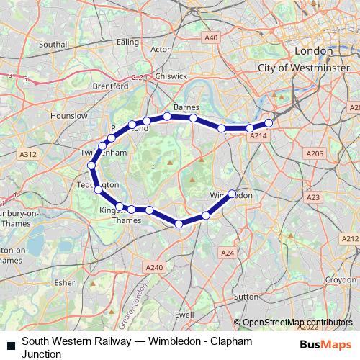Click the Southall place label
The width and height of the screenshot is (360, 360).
click(x=53, y=44)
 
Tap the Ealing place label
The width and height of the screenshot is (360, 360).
click(x=127, y=42)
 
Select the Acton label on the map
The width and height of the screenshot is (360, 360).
click(x=162, y=49)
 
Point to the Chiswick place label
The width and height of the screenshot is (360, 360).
click(x=171, y=76)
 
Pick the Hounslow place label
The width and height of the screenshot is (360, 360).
click(x=69, y=115)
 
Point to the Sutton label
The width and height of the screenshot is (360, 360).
click(x=246, y=296)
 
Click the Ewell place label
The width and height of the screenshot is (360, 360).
click(x=184, y=315)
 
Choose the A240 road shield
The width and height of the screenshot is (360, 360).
click(x=155, y=267)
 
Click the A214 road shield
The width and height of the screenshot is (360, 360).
click(x=257, y=135)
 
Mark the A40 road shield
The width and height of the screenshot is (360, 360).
click(x=211, y=37)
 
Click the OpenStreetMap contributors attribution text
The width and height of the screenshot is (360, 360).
click(x=297, y=323)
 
